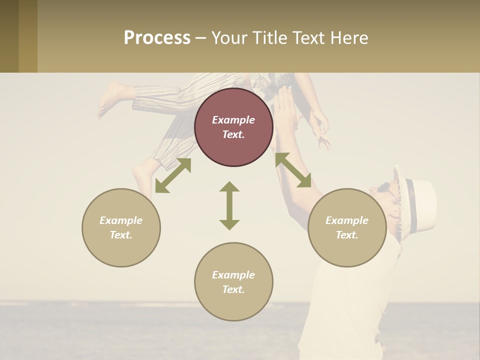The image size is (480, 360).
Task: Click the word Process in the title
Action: [x=157, y=37]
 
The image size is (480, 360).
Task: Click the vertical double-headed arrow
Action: [x=229, y=205]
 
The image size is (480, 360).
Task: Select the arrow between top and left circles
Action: [x=173, y=175]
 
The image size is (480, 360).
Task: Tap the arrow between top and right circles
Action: [x=293, y=170]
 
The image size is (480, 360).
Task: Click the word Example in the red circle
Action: [x=233, y=120]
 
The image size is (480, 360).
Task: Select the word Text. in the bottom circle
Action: [x=233, y=289]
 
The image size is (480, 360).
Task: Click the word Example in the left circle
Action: [x=121, y=220]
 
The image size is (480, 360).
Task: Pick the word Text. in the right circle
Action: [x=347, y=235]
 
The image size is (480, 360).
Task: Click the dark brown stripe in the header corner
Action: [x=9, y=36]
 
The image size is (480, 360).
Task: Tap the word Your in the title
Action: [x=230, y=37]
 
